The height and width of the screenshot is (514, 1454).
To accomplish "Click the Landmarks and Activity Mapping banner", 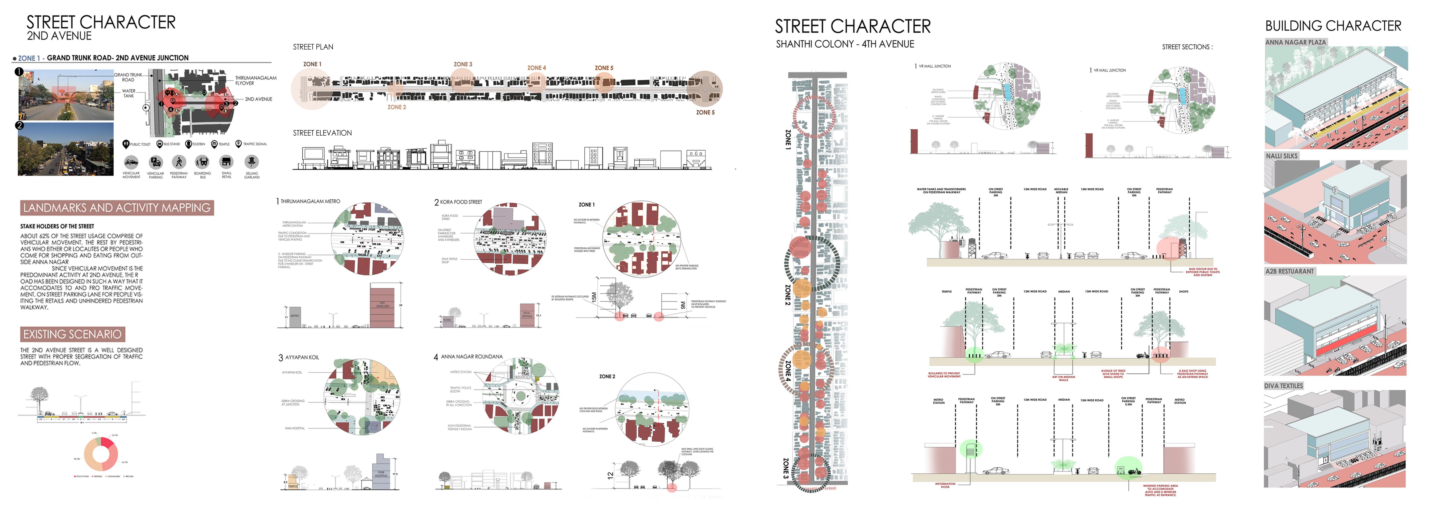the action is tap(117, 208).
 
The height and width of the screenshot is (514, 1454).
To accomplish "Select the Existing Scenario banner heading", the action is tap(72, 334).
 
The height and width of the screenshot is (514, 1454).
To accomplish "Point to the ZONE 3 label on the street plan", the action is tap(463, 64).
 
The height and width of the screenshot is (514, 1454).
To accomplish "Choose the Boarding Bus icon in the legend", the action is tap(202, 162).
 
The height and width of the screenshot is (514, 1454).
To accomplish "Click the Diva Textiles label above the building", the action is tap(1283, 386).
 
